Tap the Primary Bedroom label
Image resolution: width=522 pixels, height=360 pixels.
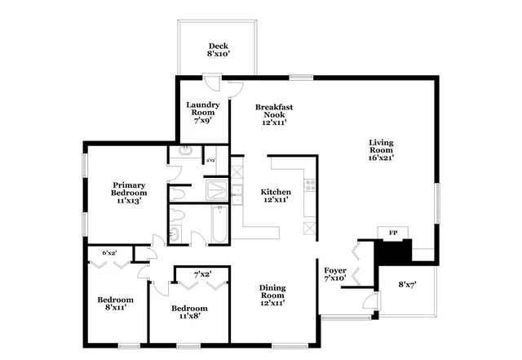point(129,189)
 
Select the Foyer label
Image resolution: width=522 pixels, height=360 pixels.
point(335,270)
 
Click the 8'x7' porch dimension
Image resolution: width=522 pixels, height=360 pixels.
point(408,285)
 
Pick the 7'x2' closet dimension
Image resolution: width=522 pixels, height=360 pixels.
point(201,273)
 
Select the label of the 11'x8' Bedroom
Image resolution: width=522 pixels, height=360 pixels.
point(189,308)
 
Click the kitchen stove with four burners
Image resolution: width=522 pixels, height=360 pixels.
point(309,186)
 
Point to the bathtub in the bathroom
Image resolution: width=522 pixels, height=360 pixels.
point(220,224)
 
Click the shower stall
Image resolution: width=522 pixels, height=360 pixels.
point(217,191)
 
